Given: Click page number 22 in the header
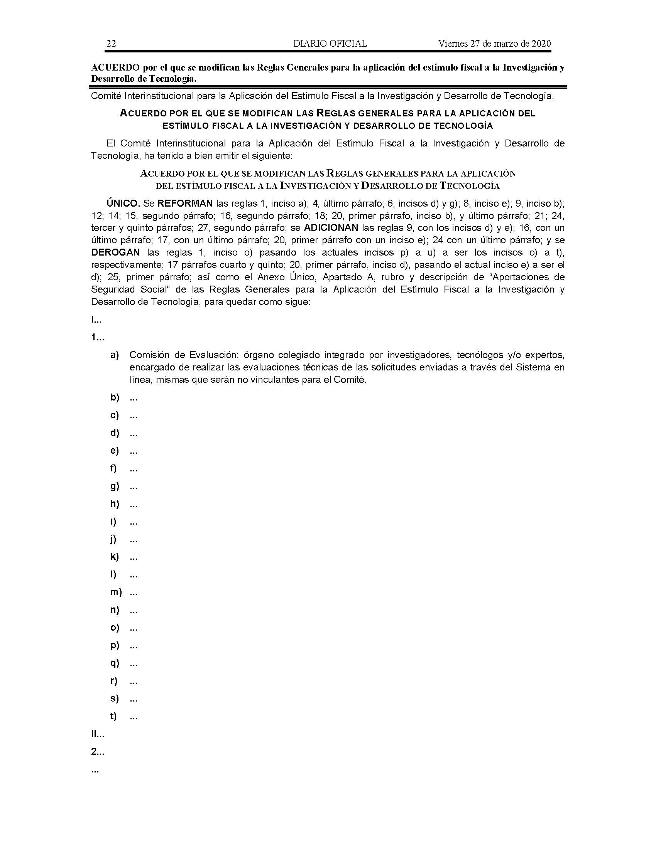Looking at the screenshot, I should coord(111,44).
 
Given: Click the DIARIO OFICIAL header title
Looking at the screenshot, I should coord(330,44).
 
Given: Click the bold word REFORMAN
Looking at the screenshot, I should coord(185,203).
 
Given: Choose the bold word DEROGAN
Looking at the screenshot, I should coord(115,252).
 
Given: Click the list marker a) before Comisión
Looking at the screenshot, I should coord(115,355).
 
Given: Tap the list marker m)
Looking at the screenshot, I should coord(116,592).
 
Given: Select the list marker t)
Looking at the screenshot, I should coord(113,716).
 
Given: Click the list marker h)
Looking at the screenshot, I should coord(115,504).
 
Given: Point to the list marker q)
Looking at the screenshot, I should coord(115,663).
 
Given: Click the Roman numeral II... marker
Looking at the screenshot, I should coord(97,734).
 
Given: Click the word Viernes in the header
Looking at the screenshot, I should coord(453,44).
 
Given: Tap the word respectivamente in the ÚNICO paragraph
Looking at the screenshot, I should coord(125,265).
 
